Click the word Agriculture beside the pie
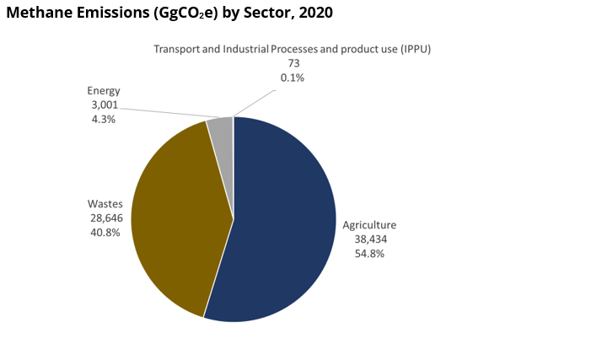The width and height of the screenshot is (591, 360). click(x=369, y=225)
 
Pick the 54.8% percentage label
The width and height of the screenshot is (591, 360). click(x=369, y=253)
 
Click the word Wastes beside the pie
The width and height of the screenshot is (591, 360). click(x=105, y=204)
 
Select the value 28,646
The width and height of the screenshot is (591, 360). click(x=105, y=218)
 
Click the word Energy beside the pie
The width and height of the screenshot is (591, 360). click(x=104, y=91)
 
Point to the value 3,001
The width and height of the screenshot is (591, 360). click(x=103, y=105)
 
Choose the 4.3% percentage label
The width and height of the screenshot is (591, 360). click(x=103, y=119)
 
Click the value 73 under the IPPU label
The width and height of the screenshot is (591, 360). click(x=293, y=63)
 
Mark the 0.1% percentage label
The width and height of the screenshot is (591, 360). click(x=293, y=78)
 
